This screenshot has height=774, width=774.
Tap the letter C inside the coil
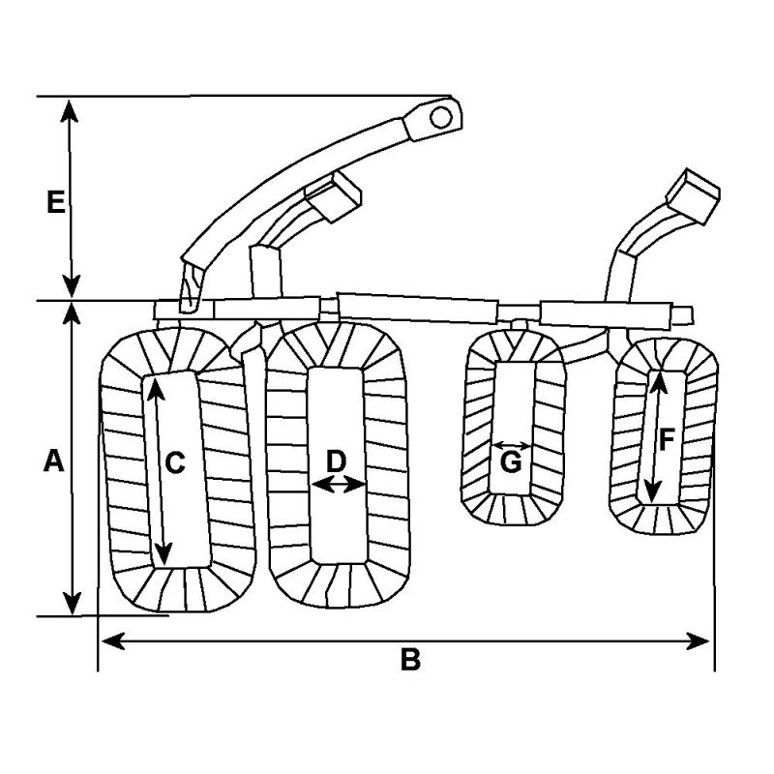pyautogui.click(x=174, y=463)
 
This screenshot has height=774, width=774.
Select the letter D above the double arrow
pyautogui.click(x=336, y=460)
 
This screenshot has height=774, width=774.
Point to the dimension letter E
pyautogui.click(x=56, y=202)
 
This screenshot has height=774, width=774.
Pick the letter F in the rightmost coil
pyautogui.click(x=667, y=440)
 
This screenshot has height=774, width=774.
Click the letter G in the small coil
pyautogui.click(x=511, y=462)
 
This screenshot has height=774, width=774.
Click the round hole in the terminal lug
pyautogui.click(x=440, y=118)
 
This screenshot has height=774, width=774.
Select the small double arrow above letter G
pyautogui.click(x=511, y=446)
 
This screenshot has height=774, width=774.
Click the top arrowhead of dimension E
pyautogui.click(x=70, y=107)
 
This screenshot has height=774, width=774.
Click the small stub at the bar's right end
pyautogui.click(x=683, y=313)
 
